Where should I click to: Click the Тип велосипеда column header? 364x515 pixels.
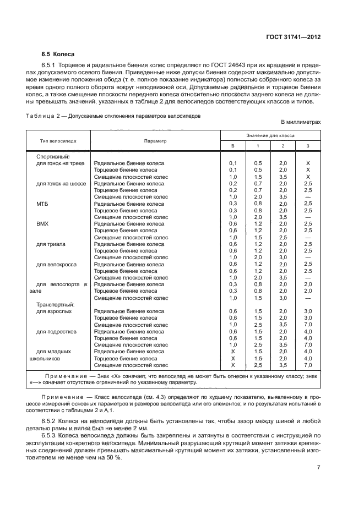tap(58, 141)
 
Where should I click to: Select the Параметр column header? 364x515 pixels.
tap(155, 141)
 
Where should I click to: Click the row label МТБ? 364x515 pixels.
tap(42, 204)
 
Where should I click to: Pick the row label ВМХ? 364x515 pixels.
tap(42, 224)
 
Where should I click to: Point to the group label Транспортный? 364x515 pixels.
tap(55, 304)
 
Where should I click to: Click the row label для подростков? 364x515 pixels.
tap(56, 332)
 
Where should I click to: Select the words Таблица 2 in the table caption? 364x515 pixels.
tap(42, 116)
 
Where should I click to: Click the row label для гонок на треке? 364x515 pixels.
tap(61, 163)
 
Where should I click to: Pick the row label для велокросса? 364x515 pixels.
tap(56, 264)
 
